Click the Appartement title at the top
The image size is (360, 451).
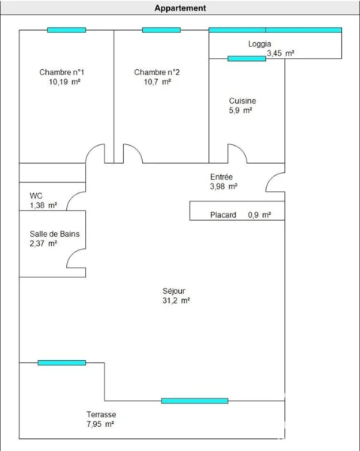(x=180, y=8)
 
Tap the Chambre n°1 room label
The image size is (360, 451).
(x=62, y=72)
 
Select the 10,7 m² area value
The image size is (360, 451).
(x=157, y=82)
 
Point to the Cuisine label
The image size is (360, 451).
(x=242, y=101)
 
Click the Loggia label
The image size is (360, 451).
(x=259, y=44)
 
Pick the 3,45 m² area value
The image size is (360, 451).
(x=280, y=53)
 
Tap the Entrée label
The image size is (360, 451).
(x=221, y=177)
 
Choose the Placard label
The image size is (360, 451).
(x=223, y=215)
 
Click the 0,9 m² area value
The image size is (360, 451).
(x=259, y=215)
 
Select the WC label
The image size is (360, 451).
(x=36, y=196)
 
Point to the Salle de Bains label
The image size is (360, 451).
(x=55, y=234)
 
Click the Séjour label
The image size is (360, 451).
(x=174, y=291)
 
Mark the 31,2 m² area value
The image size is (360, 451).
(x=176, y=301)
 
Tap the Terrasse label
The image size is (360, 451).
(x=101, y=414)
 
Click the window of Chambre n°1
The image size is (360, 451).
(x=66, y=30)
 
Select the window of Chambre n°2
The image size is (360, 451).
(x=162, y=30)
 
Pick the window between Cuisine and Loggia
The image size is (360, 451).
(x=247, y=59)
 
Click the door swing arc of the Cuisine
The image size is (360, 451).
(x=241, y=150)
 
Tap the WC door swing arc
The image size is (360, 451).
(x=72, y=197)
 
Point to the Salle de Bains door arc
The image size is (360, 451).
(x=72, y=254)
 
